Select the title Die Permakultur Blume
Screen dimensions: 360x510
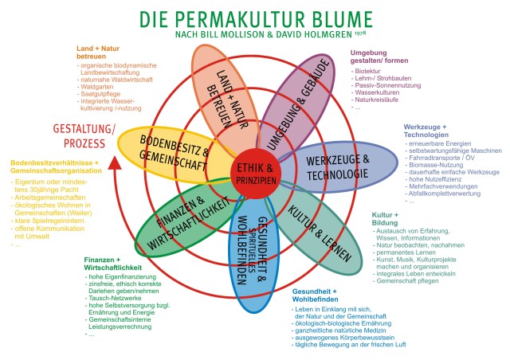pos(255,19)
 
